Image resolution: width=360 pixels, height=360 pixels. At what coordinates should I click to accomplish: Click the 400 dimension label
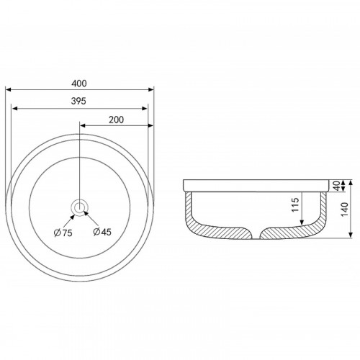click(79, 84)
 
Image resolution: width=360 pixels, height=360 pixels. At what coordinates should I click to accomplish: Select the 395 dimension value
click(78, 101)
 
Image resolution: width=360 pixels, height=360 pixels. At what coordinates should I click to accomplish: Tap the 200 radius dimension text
click(117, 120)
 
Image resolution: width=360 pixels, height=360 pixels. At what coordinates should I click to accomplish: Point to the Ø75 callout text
click(63, 233)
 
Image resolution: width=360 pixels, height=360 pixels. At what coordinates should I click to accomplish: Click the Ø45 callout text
click(102, 232)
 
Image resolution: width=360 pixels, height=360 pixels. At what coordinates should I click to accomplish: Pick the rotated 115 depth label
click(295, 204)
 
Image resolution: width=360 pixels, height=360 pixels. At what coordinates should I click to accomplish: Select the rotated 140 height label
click(345, 210)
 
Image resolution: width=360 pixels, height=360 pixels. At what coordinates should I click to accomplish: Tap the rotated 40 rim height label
click(337, 186)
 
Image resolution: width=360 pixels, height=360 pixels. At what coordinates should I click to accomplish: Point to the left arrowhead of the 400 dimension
click(9, 90)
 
